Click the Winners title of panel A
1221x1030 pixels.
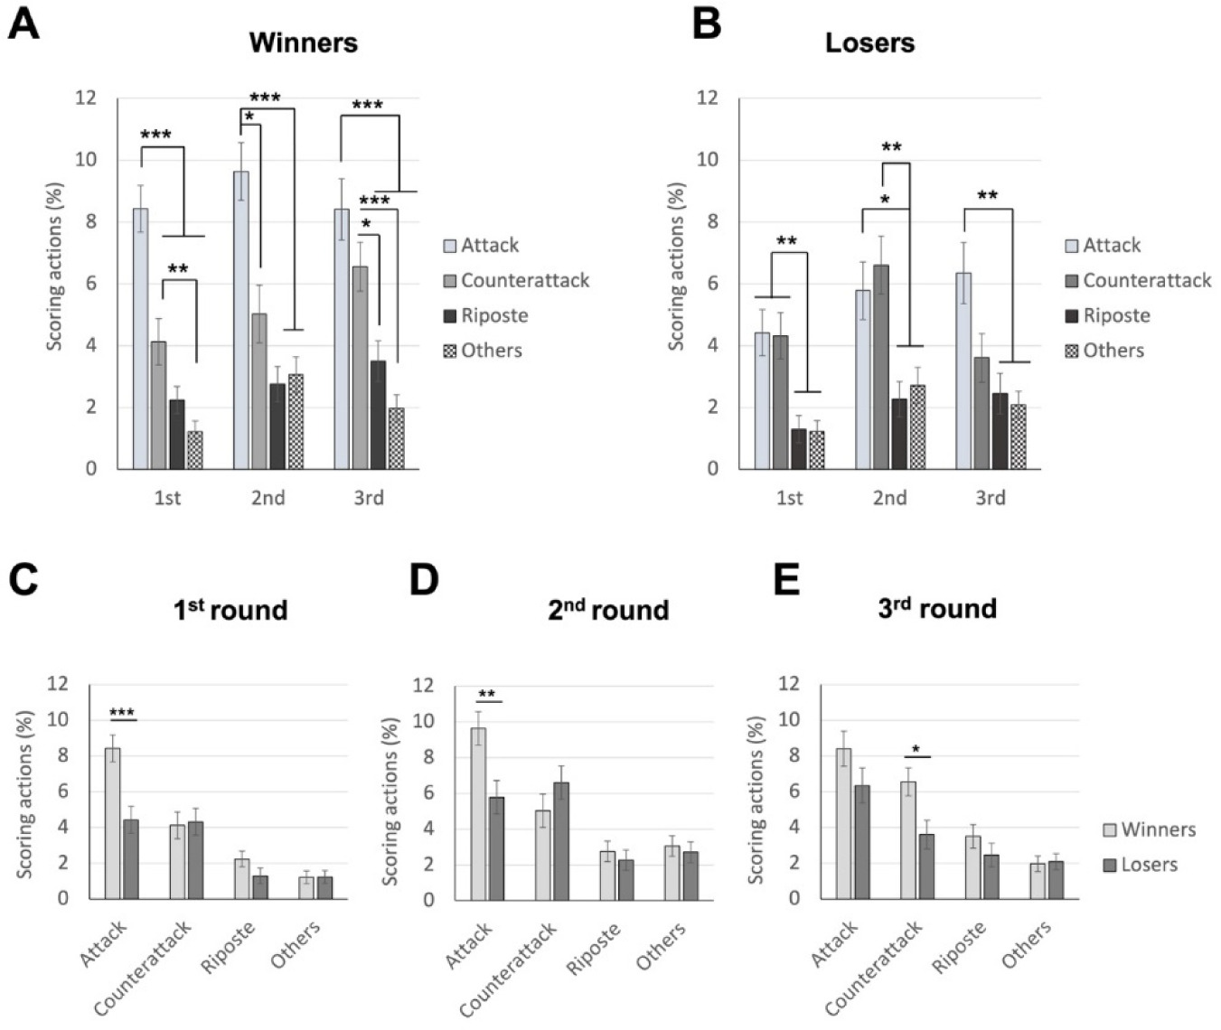pos(303,42)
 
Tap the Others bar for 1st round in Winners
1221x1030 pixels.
pos(194,450)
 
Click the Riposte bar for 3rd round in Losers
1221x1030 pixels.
pos(1000,431)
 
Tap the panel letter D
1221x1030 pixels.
pos(423,580)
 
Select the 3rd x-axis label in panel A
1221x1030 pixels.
pos(369,498)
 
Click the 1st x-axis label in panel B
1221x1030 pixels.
pos(789,498)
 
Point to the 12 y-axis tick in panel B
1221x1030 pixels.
pos(707,98)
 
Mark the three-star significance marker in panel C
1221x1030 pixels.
pos(122,713)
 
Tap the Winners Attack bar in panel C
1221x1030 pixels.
pos(113,823)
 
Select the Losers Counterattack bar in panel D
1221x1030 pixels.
pos(561,841)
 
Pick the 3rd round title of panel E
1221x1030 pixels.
pos(937,608)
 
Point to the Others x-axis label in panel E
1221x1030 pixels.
pos(1026,944)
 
